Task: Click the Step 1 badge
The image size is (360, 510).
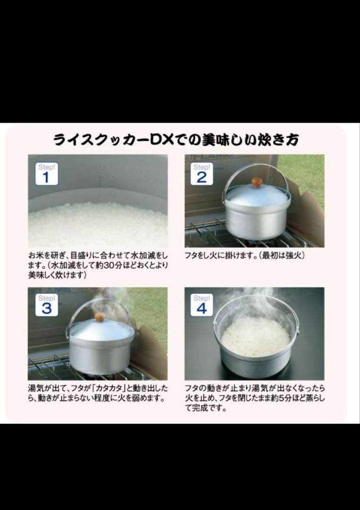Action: pyautogui.click(x=46, y=174)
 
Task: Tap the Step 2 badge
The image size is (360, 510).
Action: pyautogui.click(x=202, y=173)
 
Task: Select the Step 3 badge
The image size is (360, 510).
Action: pyautogui.click(x=46, y=305)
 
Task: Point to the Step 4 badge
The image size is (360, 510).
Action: pyautogui.click(x=202, y=305)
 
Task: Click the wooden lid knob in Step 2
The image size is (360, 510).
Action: pyautogui.click(x=257, y=182)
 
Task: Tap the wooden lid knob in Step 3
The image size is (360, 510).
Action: pyautogui.click(x=99, y=317)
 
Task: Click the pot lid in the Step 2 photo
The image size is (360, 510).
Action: pyautogui.click(x=256, y=194)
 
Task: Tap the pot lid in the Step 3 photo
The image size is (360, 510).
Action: pyautogui.click(x=100, y=330)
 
